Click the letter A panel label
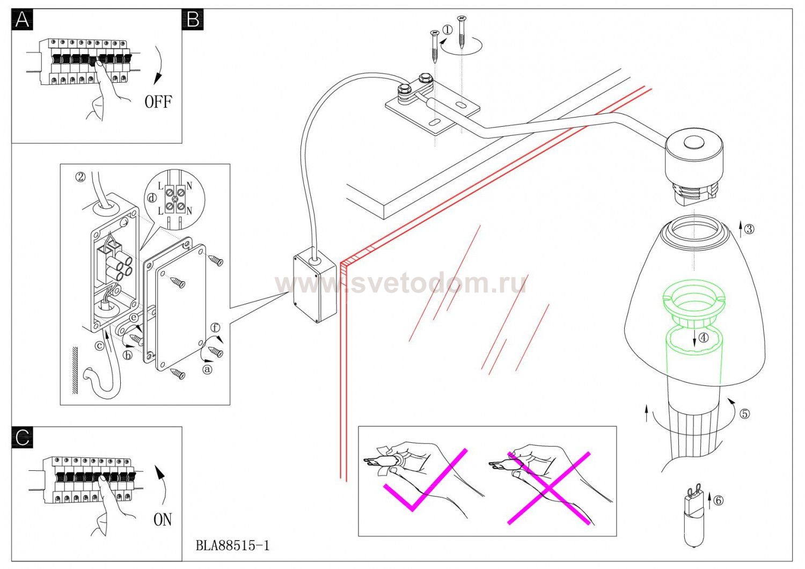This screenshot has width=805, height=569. click(22, 20)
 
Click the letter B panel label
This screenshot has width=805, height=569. click(193, 20)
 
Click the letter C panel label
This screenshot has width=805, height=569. click(22, 437)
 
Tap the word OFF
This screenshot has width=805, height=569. click(158, 101)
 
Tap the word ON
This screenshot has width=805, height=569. click(163, 519)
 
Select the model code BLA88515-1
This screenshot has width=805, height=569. click(232, 546)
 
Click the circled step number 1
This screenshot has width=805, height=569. click(447, 30)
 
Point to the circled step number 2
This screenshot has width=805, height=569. click(80, 176)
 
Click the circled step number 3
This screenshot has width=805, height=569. click(749, 229)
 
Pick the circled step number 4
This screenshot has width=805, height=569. click(703, 337)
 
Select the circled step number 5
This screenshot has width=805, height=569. click(744, 414)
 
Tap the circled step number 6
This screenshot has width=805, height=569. click(719, 500)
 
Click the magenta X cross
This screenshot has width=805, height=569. click(548, 487)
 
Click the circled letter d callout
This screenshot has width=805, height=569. click(152, 198)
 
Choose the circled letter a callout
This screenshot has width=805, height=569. click(207, 369)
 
